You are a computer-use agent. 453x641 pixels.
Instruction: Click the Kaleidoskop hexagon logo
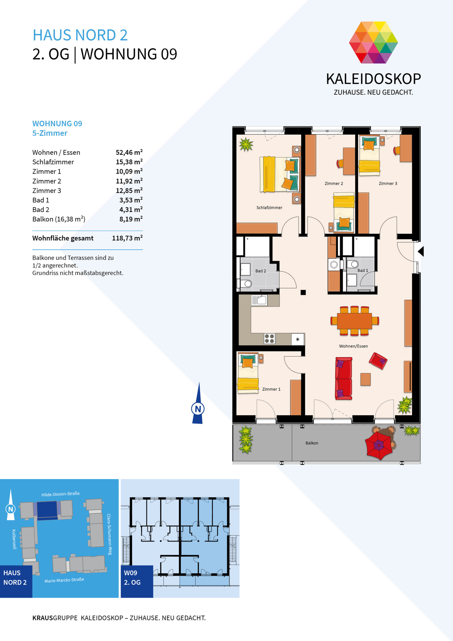click(x=373, y=42)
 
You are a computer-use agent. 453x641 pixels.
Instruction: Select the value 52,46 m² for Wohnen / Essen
click(x=129, y=152)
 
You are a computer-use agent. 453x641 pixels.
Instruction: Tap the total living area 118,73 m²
click(x=127, y=238)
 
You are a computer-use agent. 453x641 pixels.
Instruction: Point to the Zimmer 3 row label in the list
click(x=47, y=191)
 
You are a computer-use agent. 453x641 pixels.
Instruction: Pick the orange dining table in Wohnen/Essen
click(x=354, y=321)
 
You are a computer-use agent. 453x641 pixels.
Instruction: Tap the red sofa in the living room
click(x=344, y=378)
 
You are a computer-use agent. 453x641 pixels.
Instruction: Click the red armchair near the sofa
click(x=378, y=361)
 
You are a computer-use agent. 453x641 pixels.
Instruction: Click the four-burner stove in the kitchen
click(x=269, y=339)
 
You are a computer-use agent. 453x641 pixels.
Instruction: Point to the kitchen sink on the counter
click(x=259, y=300)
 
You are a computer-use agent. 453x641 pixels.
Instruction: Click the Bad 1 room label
click(x=363, y=270)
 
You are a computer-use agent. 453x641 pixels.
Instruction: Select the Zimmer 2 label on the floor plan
click(x=334, y=184)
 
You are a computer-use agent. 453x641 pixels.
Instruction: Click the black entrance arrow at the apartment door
click(x=421, y=251)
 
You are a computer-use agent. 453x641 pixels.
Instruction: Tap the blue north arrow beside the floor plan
click(x=198, y=403)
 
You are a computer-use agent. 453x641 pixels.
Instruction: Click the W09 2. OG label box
click(x=137, y=581)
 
